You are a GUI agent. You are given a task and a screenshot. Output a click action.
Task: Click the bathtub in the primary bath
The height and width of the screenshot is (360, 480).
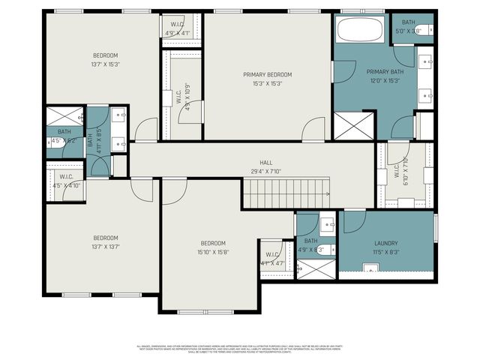coord(359,31)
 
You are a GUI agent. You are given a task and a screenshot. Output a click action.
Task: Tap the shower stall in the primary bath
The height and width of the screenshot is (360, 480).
coord(352,124)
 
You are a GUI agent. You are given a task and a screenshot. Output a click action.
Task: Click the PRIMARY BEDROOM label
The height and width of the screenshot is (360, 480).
coord(267,75)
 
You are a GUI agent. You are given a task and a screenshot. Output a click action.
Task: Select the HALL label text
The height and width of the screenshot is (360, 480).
coord(266,163)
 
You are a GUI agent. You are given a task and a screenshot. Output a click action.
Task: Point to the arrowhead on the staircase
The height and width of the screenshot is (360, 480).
coord(328,194)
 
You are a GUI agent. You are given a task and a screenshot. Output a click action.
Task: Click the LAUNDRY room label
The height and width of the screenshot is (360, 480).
coord(385,244)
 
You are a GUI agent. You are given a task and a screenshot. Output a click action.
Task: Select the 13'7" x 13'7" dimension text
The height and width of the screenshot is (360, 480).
coord(105,246)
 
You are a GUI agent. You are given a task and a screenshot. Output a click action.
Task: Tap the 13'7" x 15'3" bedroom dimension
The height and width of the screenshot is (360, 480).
coord(105,64)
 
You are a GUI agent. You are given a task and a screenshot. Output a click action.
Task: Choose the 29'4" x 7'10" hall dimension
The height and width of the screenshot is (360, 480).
coord(266,172)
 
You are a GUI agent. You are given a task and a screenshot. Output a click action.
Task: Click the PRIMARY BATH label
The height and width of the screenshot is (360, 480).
coord(385,72)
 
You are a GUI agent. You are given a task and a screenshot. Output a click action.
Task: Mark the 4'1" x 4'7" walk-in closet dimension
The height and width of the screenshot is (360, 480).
coord(271,263)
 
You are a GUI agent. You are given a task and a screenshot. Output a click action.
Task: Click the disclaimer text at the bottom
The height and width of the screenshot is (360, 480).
coord(240,349)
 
